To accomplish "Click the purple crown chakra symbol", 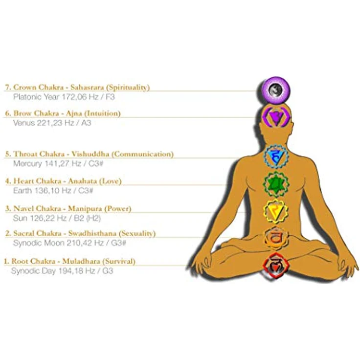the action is tap(276, 90).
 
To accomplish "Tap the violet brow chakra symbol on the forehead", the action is tap(276, 117).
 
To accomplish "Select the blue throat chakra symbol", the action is tap(276, 157).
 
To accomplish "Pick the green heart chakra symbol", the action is tap(276, 184).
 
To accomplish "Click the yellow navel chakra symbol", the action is tap(275, 211).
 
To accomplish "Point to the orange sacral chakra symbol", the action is tap(276, 238).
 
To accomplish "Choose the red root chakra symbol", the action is tap(276, 266).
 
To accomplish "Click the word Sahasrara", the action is tap(88, 87).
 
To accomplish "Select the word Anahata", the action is tap(83, 181).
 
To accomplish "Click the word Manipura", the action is tap(85, 209).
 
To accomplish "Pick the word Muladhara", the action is tap(81, 261).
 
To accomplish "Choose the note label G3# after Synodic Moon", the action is tap(119, 243).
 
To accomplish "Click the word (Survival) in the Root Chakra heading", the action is tap(119, 261).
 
